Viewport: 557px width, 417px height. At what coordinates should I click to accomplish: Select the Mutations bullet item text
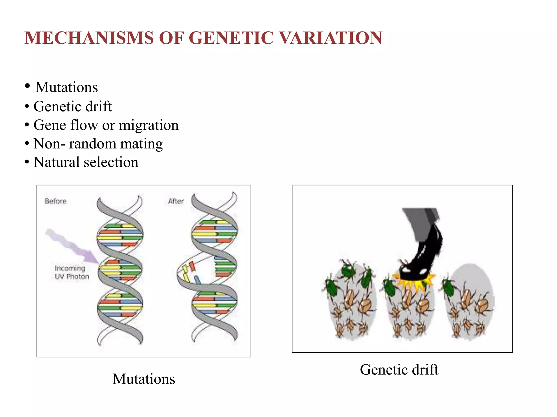coord(67,87)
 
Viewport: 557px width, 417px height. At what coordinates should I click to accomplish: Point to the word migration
coord(149,125)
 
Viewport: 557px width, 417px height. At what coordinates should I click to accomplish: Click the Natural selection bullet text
coord(86,162)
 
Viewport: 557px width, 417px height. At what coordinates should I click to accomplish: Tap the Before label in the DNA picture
coord(56,201)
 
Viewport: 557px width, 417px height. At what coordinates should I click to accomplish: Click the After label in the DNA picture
coord(176,201)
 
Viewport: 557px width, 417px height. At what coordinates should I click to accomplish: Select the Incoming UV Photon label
coord(72,272)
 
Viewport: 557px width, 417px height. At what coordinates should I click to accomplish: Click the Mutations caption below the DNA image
coord(144,379)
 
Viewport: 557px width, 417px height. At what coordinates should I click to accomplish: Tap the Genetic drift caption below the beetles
coord(399,369)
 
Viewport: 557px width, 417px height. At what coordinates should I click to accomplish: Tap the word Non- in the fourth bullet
coord(49,144)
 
